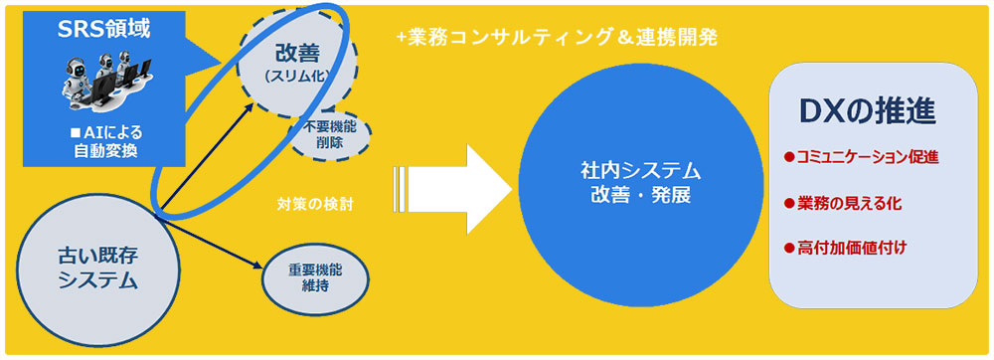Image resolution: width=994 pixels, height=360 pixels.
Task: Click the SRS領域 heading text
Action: (x=104, y=29)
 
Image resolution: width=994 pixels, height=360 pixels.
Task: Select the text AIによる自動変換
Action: (x=106, y=142)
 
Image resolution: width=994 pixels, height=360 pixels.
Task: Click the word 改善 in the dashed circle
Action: (x=296, y=54)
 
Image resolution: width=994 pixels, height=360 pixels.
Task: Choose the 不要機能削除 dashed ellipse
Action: (x=330, y=133)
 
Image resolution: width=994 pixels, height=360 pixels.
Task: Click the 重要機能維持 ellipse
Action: (x=314, y=277)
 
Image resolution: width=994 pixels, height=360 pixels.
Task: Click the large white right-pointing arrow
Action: (x=451, y=189)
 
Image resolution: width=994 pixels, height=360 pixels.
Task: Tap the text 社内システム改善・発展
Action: (x=640, y=183)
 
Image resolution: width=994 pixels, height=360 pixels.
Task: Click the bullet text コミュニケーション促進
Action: (x=867, y=157)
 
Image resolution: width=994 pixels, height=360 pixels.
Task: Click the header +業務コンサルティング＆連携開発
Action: (x=557, y=38)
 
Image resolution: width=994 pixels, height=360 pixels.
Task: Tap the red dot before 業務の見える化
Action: (x=789, y=203)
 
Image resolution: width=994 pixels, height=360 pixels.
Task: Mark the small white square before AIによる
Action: (x=75, y=133)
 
